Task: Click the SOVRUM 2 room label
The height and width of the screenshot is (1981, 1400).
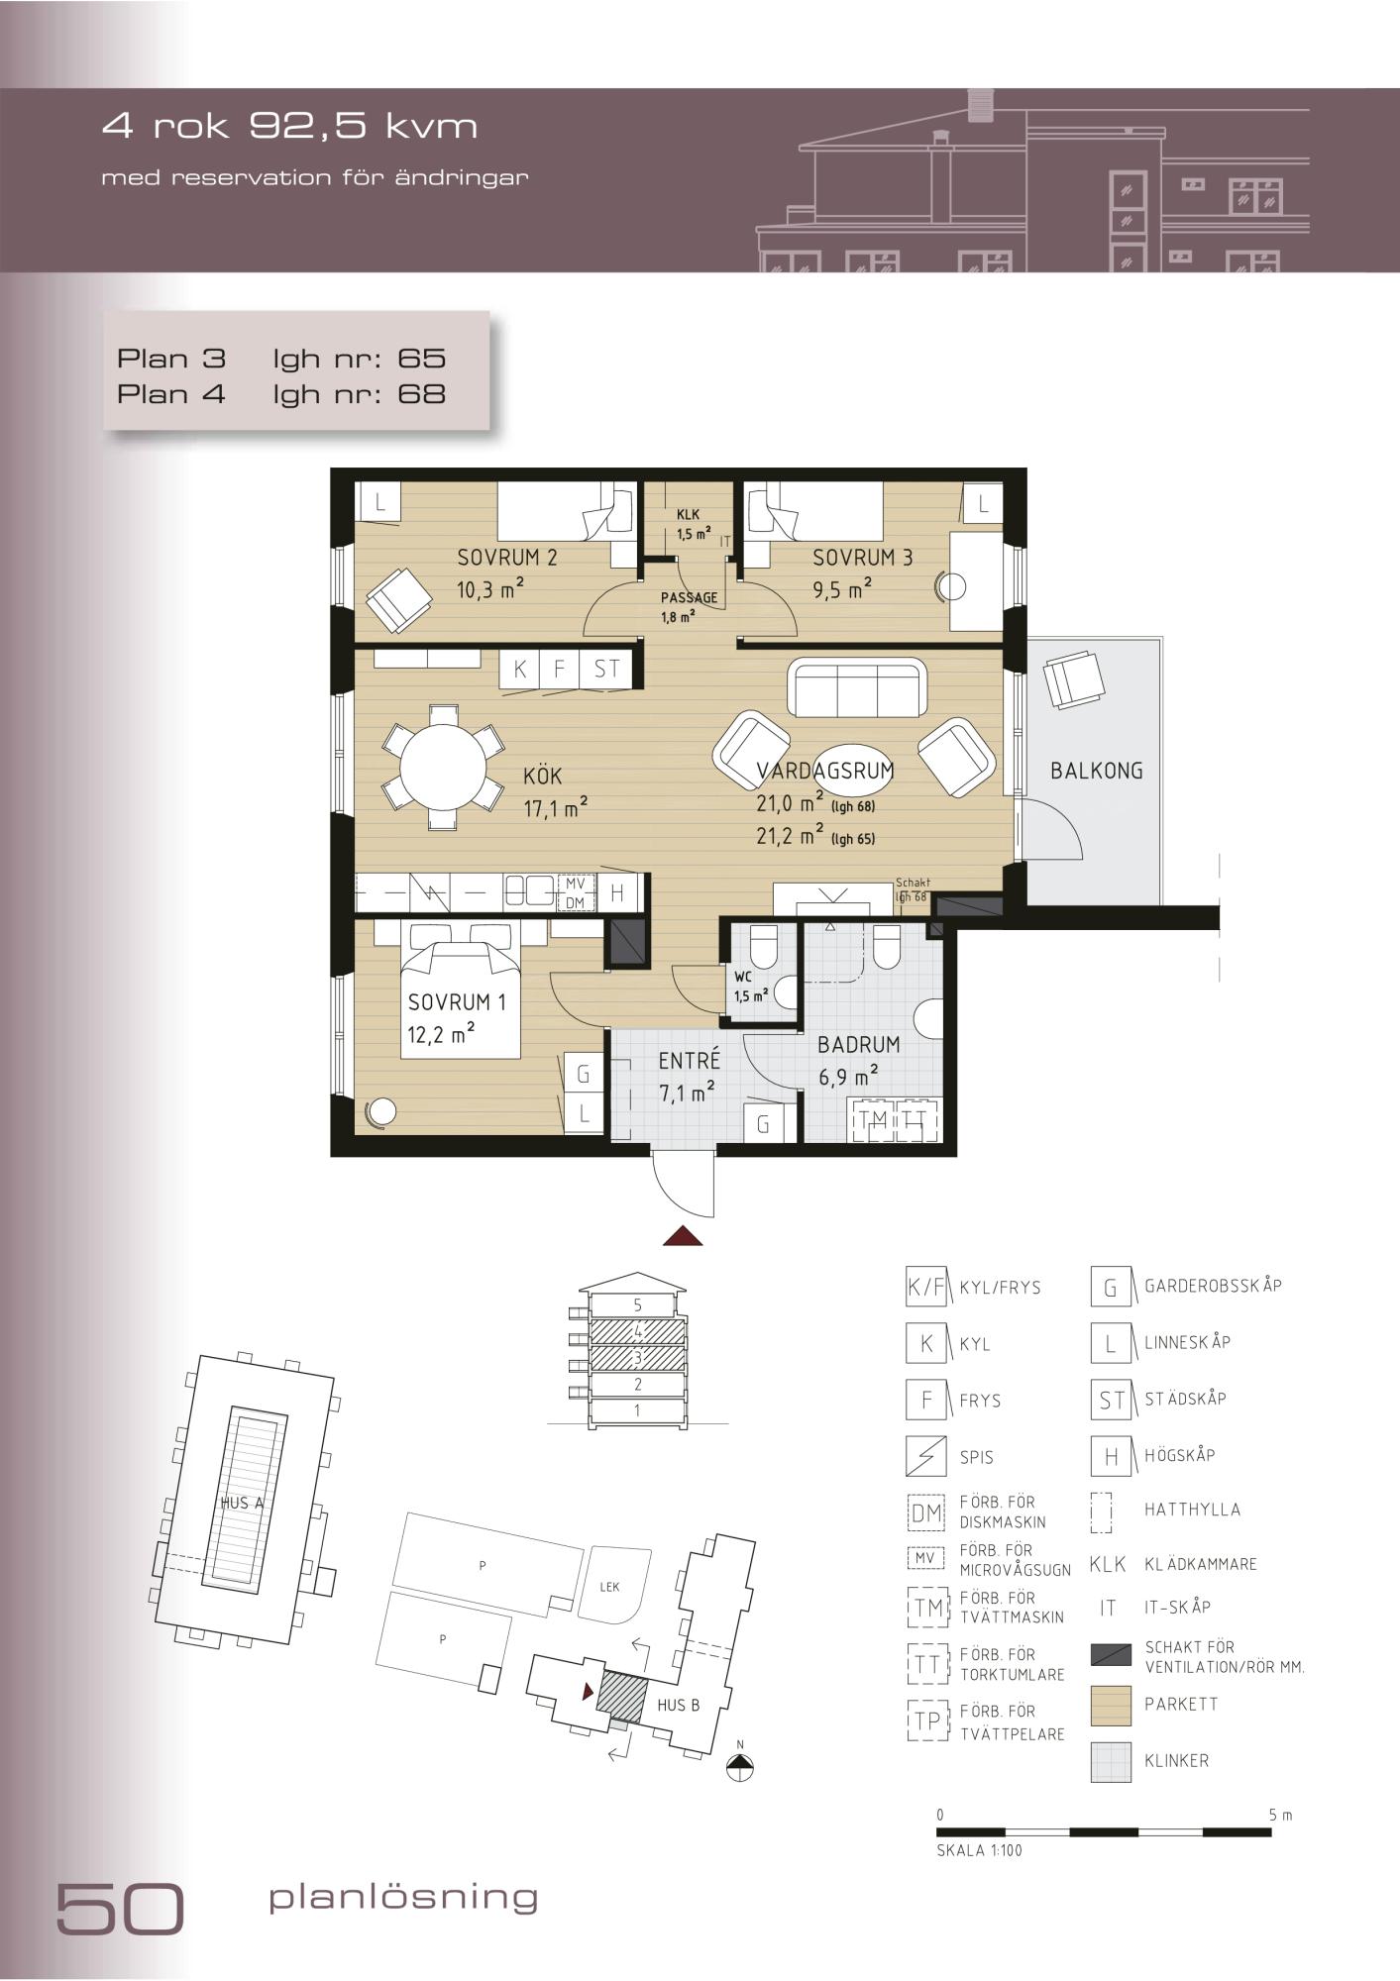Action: [506, 558]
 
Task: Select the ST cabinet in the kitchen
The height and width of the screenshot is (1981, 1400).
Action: [606, 670]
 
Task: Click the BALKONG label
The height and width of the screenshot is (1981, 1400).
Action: [1096, 771]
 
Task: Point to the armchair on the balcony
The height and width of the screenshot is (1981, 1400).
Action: [1074, 678]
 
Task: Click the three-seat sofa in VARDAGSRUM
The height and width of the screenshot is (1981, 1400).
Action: [856, 687]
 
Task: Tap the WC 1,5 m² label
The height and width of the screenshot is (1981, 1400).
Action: [750, 987]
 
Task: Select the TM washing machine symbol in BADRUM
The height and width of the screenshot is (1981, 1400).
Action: [874, 1119]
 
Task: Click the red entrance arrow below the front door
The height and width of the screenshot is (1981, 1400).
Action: [683, 1235]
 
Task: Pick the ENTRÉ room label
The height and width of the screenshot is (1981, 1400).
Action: [689, 1061]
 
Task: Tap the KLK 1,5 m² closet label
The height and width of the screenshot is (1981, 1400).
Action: [693, 524]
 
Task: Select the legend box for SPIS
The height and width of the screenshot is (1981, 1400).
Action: [925, 1456]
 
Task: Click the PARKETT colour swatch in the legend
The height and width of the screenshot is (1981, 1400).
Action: [1111, 1705]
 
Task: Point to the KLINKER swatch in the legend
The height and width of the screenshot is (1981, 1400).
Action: [1111, 1761]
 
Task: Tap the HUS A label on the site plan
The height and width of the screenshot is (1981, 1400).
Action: [242, 1503]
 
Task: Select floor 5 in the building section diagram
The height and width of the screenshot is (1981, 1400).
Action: [638, 1305]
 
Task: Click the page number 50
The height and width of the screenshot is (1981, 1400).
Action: [120, 1907]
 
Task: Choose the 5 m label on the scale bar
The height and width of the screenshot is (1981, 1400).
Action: [1280, 1816]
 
